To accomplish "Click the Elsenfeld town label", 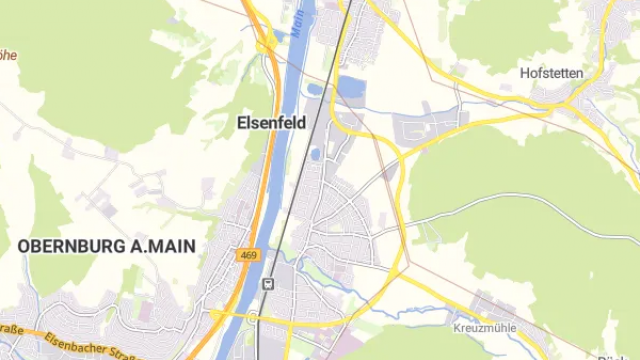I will tap(270, 123).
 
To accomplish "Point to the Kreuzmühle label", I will tap(483, 328).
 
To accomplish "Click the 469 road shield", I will tap(249, 256).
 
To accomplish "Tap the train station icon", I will tap(266, 284).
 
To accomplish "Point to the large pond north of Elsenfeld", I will tap(350, 87).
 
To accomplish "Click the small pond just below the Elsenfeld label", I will tap(316, 154).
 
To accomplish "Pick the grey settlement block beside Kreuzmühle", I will tap(490, 305).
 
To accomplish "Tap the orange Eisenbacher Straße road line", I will tap(60, 338).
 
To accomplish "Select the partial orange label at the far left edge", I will tap(5, 56).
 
